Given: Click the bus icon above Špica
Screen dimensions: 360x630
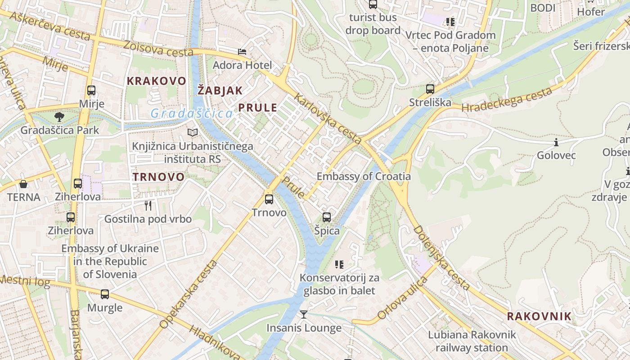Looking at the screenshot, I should click(x=327, y=217).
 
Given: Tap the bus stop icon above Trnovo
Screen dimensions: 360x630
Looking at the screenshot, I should click(x=269, y=199).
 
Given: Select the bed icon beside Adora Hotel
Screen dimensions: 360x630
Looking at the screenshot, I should click(x=242, y=52).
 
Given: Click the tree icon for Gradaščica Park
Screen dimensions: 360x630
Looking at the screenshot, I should click(x=59, y=117).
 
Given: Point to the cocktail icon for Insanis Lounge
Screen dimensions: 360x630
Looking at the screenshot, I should click(x=304, y=314).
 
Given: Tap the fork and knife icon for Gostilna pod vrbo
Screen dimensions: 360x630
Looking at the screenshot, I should click(x=148, y=206).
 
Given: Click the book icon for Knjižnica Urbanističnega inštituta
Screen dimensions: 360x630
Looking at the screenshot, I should click(x=193, y=133).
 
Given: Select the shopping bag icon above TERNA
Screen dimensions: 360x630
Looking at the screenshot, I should click(x=23, y=184).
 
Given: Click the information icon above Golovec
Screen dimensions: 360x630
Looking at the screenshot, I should click(x=556, y=143).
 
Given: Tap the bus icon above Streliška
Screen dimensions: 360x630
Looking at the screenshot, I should click(x=430, y=89).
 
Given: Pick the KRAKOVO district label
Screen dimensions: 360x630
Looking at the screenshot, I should click(x=156, y=81).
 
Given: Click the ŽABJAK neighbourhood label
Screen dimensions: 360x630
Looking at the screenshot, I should click(x=220, y=90).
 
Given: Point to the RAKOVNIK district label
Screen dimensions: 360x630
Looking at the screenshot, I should click(x=539, y=316).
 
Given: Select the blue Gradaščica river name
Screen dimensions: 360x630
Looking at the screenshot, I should click(x=192, y=113).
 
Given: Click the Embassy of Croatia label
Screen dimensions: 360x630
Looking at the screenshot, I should click(x=364, y=176).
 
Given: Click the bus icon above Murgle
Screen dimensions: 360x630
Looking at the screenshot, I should click(x=105, y=294).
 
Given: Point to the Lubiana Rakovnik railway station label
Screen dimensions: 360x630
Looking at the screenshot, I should click(x=472, y=341).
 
